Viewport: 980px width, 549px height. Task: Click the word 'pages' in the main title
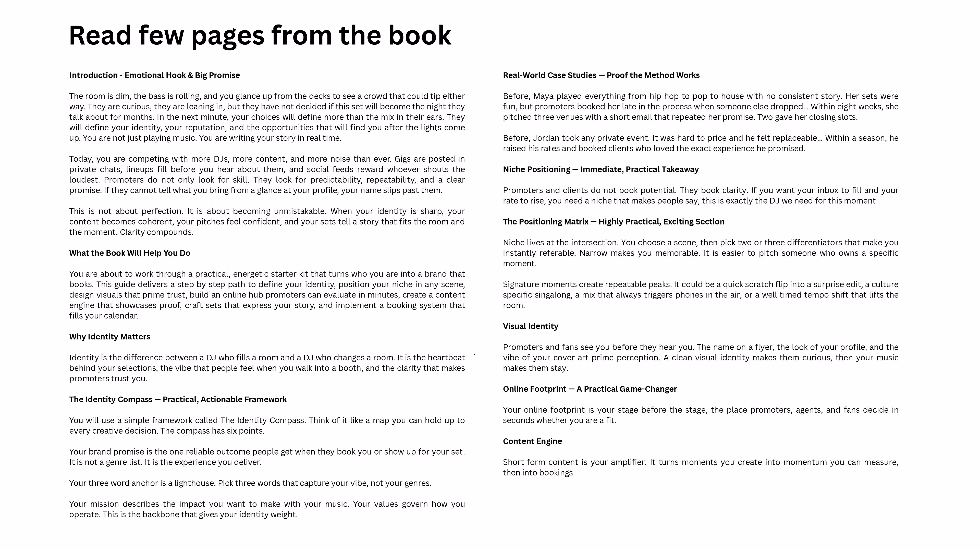point(227,35)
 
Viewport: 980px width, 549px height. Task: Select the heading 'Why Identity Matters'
point(109,337)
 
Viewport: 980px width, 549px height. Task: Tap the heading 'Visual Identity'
point(530,326)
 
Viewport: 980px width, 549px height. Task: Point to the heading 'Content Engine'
point(532,441)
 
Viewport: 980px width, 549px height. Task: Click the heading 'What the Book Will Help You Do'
point(130,253)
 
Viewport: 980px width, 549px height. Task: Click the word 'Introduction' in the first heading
point(93,75)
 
